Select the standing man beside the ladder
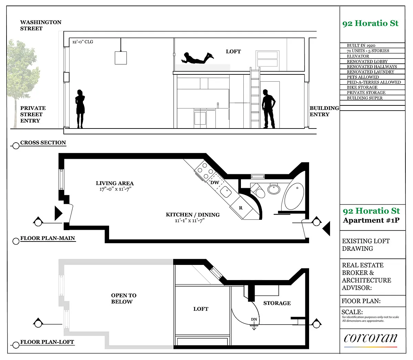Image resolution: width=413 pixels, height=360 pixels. [x=268, y=109]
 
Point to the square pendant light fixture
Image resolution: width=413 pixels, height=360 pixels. [x=121, y=58]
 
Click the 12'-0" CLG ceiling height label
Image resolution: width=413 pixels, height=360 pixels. [x=83, y=42]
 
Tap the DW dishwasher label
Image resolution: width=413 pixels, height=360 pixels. [x=214, y=183]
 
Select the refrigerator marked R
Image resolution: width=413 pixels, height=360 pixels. [x=241, y=207]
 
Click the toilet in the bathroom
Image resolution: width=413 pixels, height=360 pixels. [x=258, y=191]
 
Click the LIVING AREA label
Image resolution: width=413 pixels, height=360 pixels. [x=115, y=183]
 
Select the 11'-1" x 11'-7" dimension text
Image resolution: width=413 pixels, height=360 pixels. [x=190, y=220]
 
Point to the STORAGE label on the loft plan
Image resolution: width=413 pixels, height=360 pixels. [x=277, y=303]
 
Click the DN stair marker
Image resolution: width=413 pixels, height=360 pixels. [x=254, y=319]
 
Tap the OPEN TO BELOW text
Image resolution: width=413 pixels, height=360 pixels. [x=124, y=298]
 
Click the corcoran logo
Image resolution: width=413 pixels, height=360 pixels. [x=371, y=338]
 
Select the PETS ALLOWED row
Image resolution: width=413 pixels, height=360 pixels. [x=363, y=77]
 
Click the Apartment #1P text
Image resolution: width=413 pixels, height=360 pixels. [x=371, y=220]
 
